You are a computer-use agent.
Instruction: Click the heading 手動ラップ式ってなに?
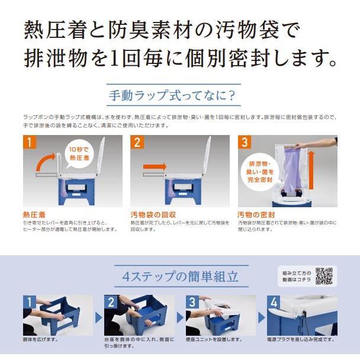[x=172, y=95]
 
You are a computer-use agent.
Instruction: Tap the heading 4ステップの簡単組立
[x=180, y=277]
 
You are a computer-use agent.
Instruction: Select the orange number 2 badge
[x=137, y=142]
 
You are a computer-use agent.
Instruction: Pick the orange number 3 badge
[x=245, y=142]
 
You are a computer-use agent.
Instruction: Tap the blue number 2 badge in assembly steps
[x=111, y=302]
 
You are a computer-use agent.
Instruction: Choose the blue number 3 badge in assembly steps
[x=192, y=302]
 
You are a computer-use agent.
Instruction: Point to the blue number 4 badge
[x=274, y=302]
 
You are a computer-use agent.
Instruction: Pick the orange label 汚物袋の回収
[x=152, y=214]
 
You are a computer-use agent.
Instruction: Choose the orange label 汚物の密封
[x=257, y=214]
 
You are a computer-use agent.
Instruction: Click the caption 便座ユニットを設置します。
[x=214, y=340]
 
